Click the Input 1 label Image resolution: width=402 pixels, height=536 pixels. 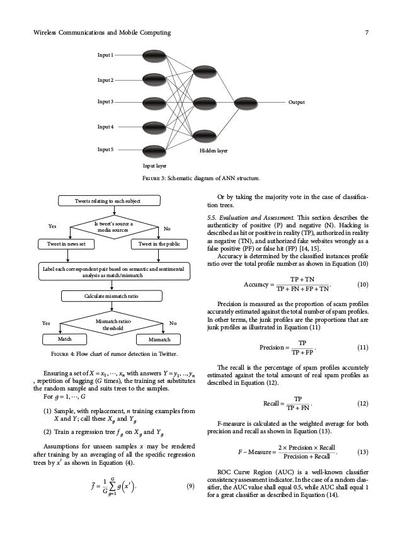(x=105, y=55)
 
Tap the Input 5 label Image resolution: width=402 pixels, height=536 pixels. (x=105, y=150)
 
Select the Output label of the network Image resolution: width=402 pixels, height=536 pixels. (x=297, y=101)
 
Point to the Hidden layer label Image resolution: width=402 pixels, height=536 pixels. (x=214, y=152)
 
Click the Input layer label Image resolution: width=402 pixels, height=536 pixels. (x=154, y=166)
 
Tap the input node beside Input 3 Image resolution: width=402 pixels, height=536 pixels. (x=154, y=101)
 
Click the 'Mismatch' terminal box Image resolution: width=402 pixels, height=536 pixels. (x=159, y=340)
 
